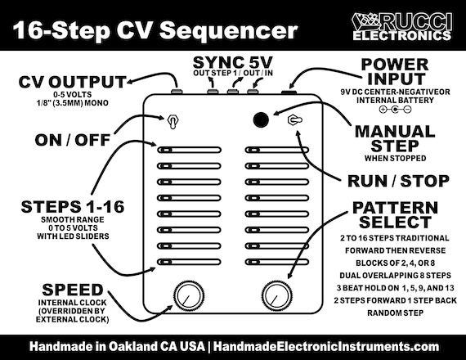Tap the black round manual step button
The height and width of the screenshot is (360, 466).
(x=260, y=119)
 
